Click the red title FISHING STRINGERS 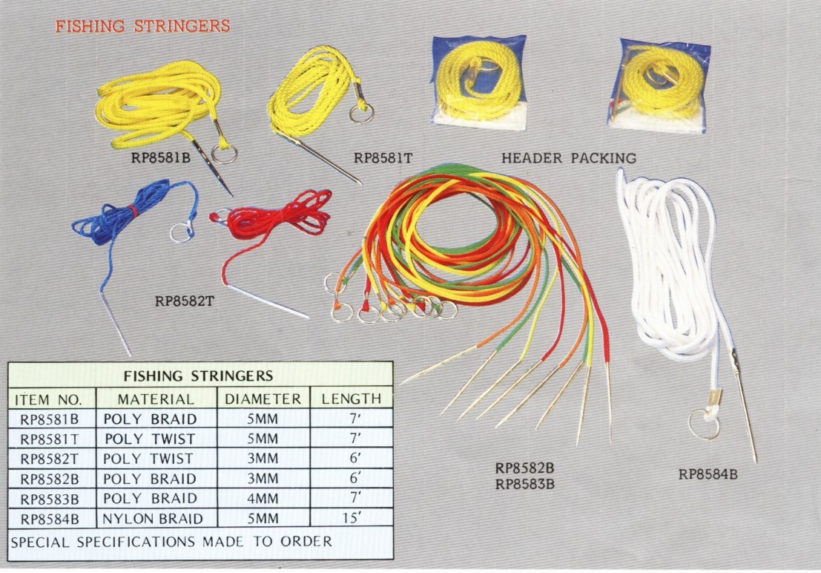tap(143, 27)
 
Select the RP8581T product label tap(383, 157)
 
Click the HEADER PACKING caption tap(569, 158)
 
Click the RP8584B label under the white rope tap(708, 474)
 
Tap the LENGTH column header tap(351, 399)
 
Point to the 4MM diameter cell tap(263, 498)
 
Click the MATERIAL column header tap(156, 399)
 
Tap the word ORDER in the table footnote tap(305, 541)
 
